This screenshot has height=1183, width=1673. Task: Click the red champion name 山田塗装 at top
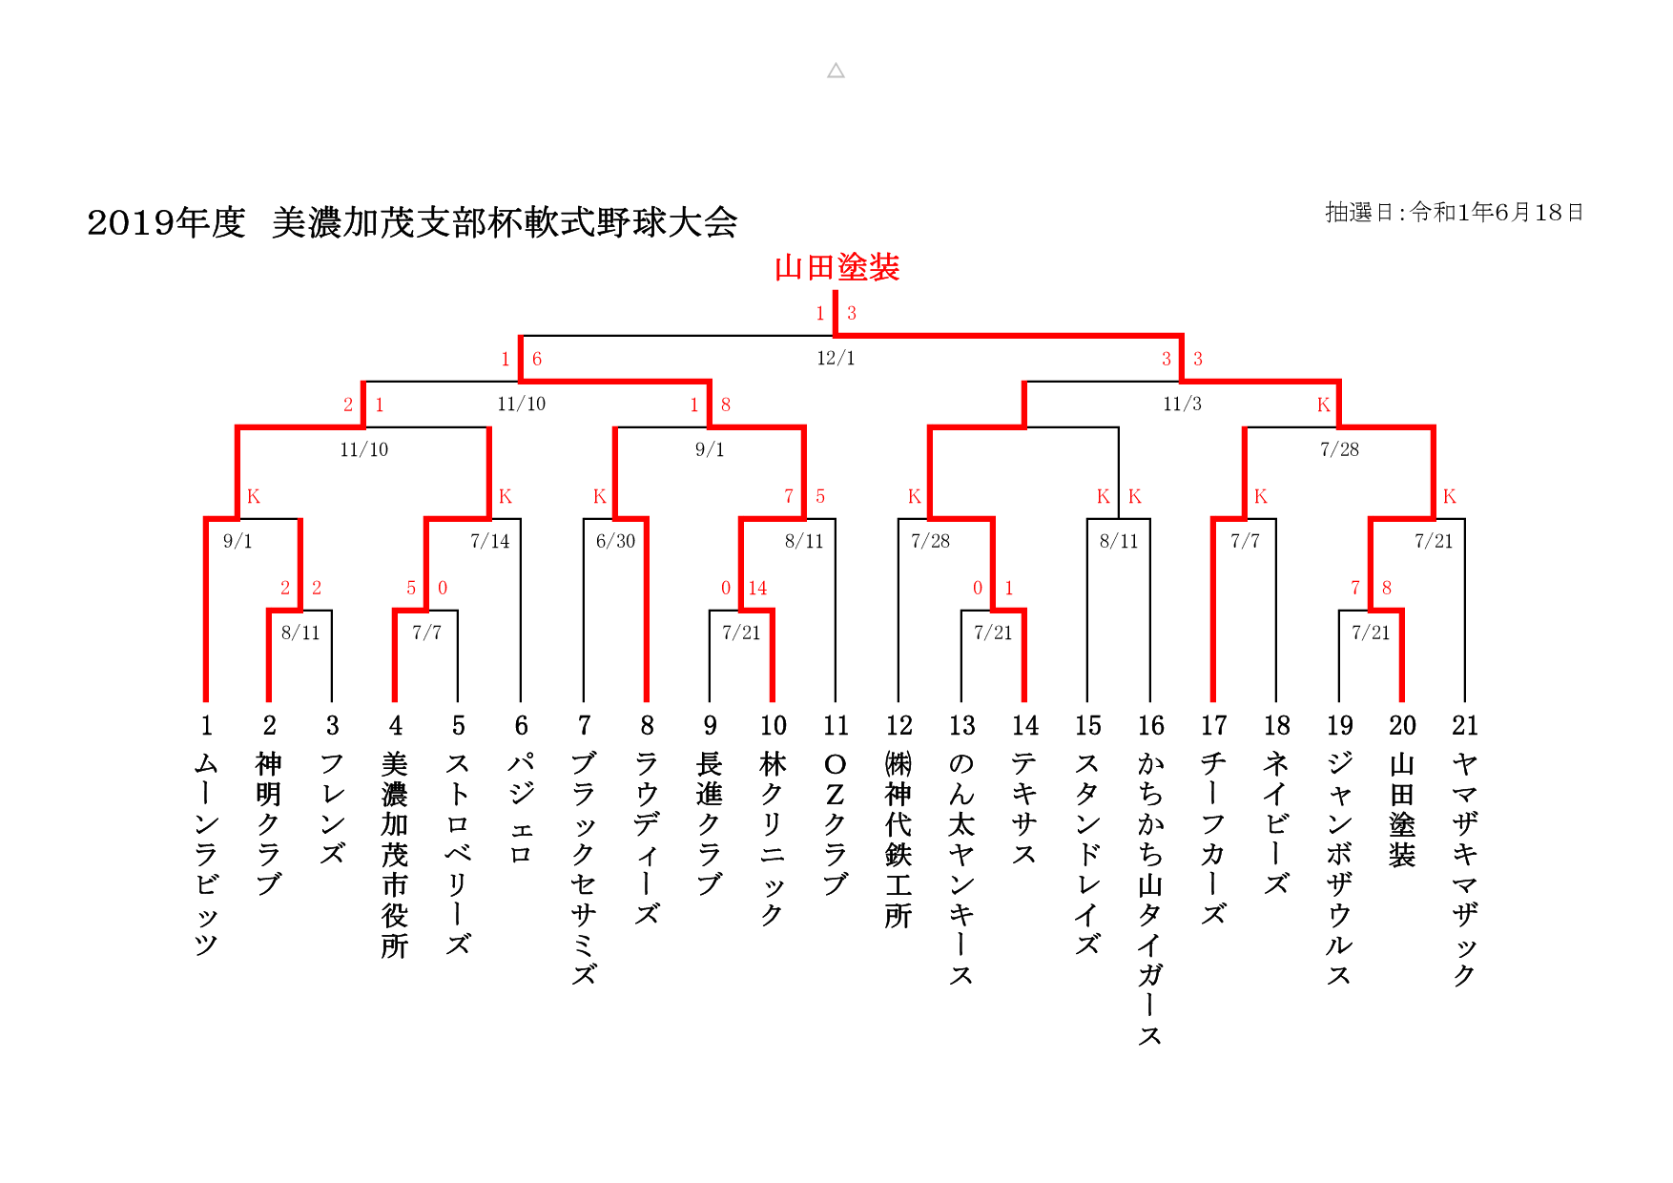point(836,268)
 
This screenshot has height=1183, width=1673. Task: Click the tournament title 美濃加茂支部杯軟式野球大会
point(505,223)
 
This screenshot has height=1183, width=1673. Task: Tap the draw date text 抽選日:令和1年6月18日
point(1454,213)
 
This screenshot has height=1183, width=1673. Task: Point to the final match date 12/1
point(836,359)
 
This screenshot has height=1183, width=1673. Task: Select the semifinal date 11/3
point(1182,405)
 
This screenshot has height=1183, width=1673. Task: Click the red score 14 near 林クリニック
point(757,589)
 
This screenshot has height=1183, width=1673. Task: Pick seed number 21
point(1464,726)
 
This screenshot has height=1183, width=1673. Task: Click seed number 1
point(206,726)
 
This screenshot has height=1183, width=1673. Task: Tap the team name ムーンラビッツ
point(206,853)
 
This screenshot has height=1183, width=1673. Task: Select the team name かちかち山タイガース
point(1150,898)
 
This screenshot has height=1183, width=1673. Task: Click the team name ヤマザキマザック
point(1464,868)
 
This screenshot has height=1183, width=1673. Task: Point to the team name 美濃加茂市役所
point(395,854)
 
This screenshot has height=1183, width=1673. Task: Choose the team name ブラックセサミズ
point(584,868)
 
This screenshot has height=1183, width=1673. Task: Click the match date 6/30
point(615,542)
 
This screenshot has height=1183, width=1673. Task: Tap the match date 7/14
point(490,542)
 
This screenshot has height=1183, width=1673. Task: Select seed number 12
point(898,726)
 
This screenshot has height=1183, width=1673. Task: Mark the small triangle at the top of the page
point(836,71)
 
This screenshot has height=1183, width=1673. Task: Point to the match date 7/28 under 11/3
point(1339,450)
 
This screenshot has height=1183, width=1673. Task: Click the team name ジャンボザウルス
point(1339,868)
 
